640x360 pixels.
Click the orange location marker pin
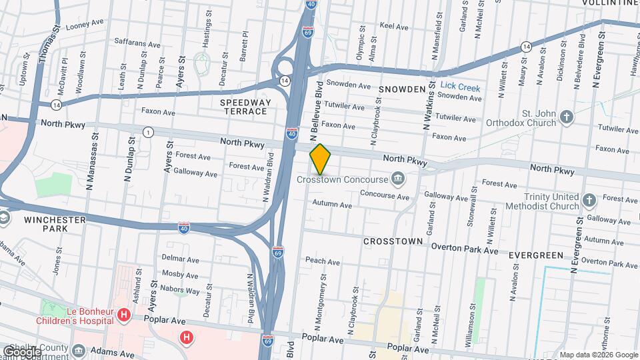tap(320, 159)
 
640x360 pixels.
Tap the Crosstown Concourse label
tap(342, 180)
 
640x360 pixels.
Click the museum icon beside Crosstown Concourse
tap(399, 178)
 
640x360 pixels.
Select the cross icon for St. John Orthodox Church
tap(567, 117)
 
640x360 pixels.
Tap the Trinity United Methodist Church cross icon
tap(589, 200)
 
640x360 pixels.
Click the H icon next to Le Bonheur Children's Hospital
tap(123, 314)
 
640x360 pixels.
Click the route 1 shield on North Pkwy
tap(146, 133)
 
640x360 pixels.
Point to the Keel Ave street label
tap(393, 27)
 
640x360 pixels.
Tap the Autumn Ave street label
tap(331, 205)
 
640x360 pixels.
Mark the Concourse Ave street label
tap(384, 195)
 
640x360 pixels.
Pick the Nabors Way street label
tap(183, 291)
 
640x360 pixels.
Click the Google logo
tap(22, 351)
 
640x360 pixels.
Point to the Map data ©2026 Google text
tap(598, 355)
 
